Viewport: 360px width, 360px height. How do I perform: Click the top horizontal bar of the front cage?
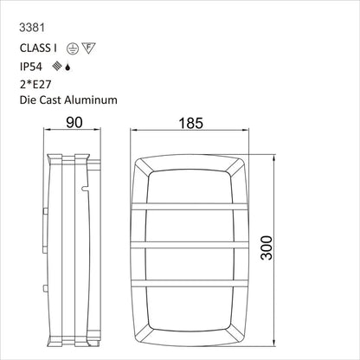click(197, 207)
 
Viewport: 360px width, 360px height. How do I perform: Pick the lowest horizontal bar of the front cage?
click(197, 285)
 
